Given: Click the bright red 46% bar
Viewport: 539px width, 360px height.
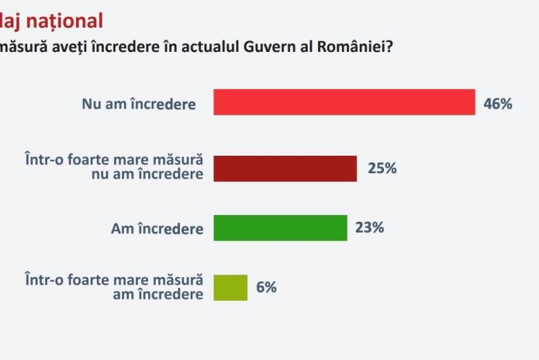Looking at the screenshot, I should click(x=344, y=102).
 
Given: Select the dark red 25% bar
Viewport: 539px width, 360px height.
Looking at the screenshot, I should click(x=285, y=168).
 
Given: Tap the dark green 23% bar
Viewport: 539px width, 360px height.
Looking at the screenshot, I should click(x=280, y=228).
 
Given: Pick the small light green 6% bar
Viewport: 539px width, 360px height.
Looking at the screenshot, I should click(x=230, y=287).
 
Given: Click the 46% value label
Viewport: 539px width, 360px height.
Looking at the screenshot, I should click(x=498, y=104).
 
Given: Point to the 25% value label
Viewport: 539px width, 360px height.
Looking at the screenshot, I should click(x=382, y=169).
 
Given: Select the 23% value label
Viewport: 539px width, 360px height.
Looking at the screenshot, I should click(x=369, y=228).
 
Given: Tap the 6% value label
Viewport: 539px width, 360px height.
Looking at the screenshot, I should click(x=266, y=287).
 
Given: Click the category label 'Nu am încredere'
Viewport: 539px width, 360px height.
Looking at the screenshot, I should click(x=139, y=104).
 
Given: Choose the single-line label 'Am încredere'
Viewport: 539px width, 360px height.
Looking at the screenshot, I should click(x=157, y=229).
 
